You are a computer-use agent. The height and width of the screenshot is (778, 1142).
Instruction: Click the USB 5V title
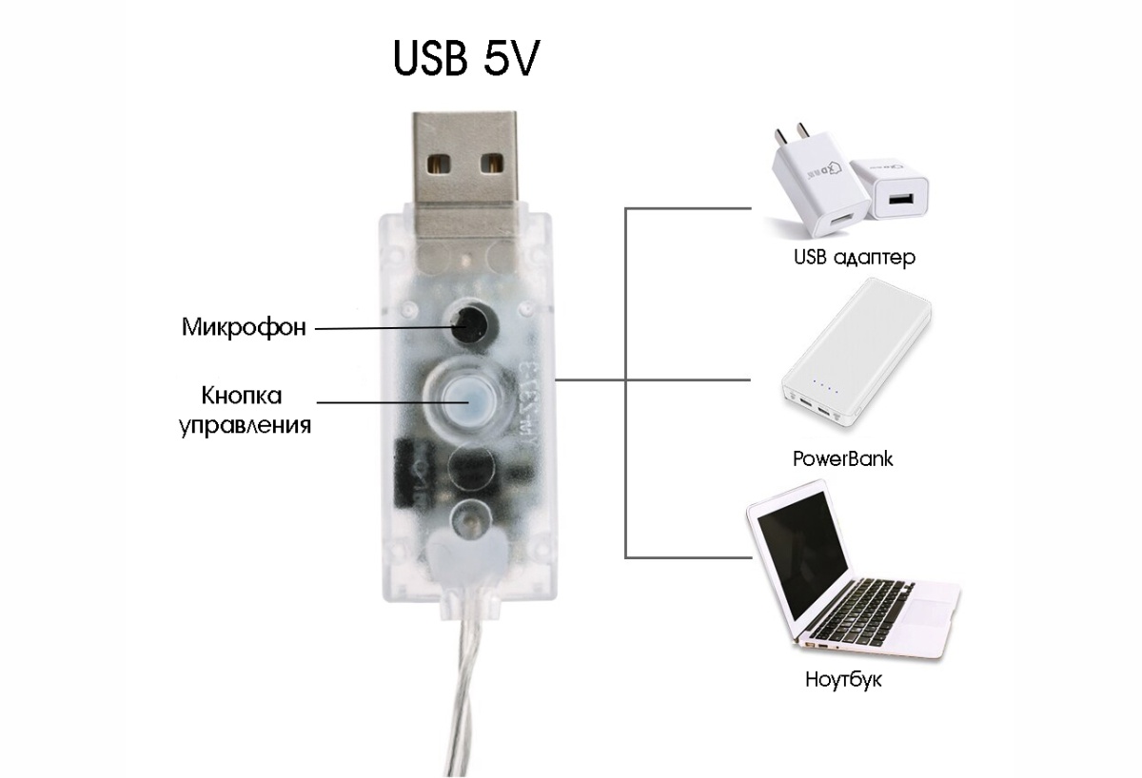click(466, 59)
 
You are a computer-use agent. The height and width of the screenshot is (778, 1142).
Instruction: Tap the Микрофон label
click(244, 327)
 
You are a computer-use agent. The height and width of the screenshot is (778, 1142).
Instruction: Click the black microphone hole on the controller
click(473, 323)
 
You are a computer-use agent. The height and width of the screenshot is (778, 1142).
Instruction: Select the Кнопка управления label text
click(245, 410)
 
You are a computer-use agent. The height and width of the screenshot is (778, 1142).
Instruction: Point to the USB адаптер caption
click(855, 258)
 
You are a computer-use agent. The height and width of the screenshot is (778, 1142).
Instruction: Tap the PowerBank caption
click(843, 458)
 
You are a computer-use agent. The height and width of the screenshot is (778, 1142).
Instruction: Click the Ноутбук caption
click(843, 680)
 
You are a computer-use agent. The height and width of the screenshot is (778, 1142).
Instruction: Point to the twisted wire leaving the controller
click(468, 698)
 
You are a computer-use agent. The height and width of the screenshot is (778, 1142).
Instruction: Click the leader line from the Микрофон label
click(384, 328)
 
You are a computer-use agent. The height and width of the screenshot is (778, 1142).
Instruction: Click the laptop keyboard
click(856, 614)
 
